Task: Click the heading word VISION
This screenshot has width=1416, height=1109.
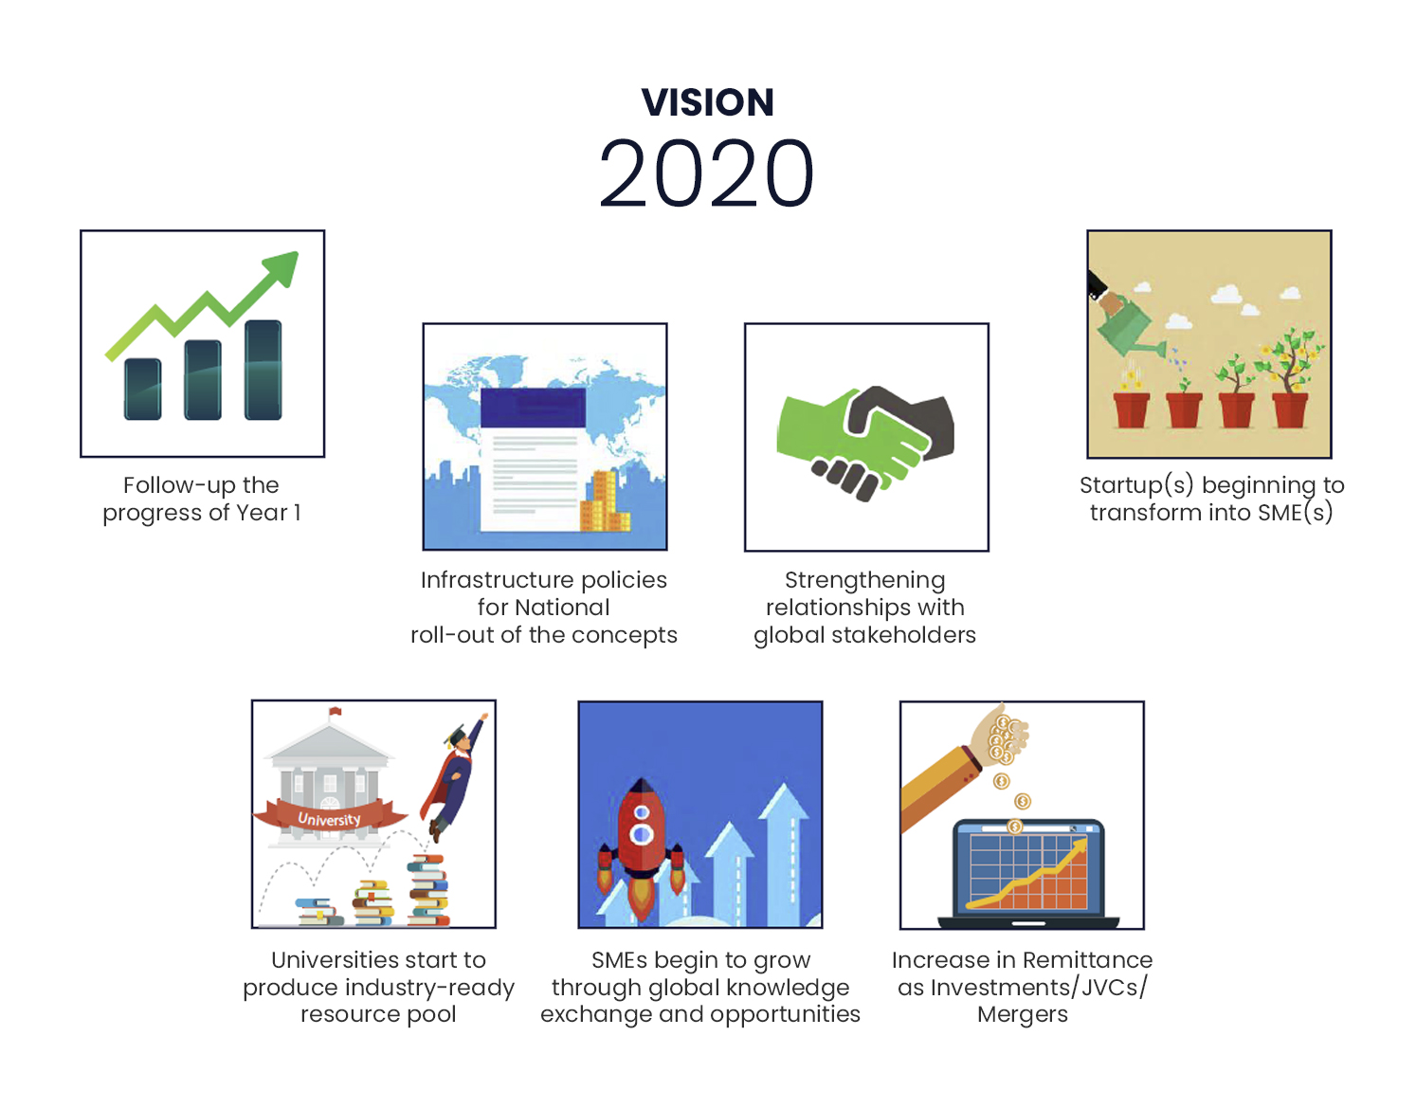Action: pyautogui.click(x=707, y=102)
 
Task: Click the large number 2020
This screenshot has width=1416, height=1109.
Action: pyautogui.click(x=706, y=173)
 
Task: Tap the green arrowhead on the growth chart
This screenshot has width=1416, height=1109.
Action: pyautogui.click(x=282, y=268)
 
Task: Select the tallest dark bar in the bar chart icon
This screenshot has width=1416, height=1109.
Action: pyautogui.click(x=263, y=370)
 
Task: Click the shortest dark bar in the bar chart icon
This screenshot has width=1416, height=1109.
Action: pyautogui.click(x=143, y=389)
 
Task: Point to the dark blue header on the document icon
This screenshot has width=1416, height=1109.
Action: pyautogui.click(x=533, y=408)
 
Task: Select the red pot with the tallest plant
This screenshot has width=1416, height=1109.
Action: pyautogui.click(x=1290, y=410)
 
